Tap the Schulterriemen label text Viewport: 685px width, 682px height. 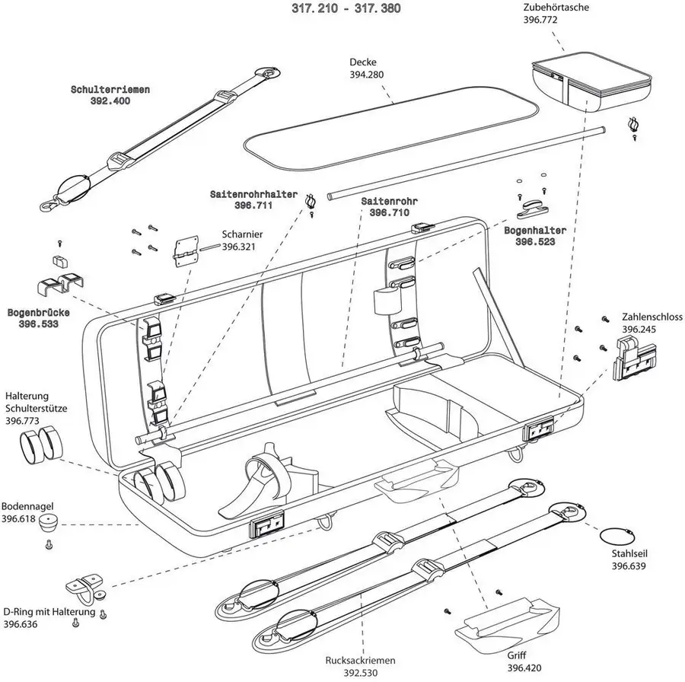coord(110,89)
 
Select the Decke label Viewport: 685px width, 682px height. coord(363,62)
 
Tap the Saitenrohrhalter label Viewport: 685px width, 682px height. coord(253,195)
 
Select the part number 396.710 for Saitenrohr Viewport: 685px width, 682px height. coord(389,213)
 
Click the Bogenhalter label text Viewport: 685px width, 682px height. coord(540,230)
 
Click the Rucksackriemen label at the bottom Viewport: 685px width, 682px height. coord(354,661)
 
